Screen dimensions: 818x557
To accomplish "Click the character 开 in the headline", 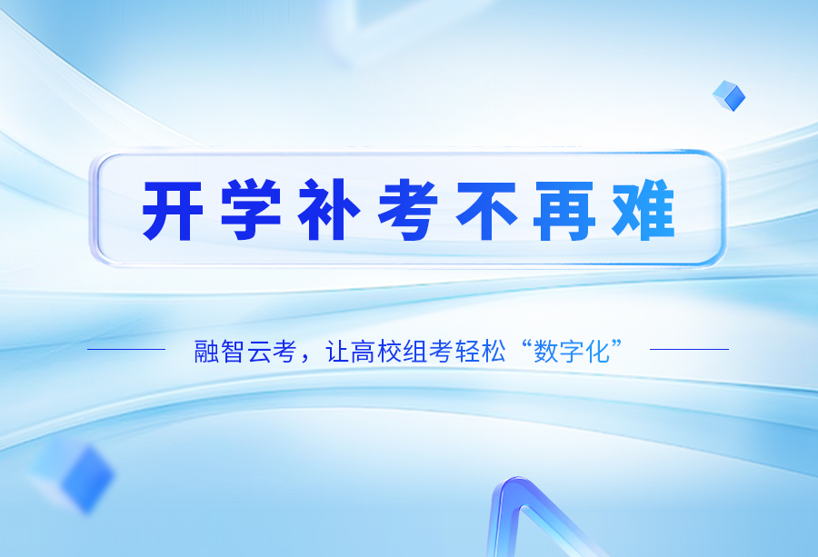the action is tap(173, 211).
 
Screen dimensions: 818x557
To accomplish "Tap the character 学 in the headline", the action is tap(251, 210).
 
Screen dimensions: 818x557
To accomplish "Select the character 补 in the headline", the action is tap(329, 210).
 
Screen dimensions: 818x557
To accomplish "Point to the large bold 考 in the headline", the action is tap(408, 210).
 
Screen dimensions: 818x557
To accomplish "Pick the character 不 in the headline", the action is tap(486, 211).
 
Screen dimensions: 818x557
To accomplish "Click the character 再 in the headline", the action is tap(564, 211).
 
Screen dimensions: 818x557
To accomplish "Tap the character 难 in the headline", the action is tap(643, 210).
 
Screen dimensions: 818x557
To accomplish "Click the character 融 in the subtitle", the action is tap(206, 351).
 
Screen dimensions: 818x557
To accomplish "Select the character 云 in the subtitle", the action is tap(258, 351).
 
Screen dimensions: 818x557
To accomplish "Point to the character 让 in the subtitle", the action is tap(337, 351).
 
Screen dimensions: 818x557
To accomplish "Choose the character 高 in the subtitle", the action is tap(363, 351).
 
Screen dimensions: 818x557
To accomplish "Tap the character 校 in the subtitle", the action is tap(389, 351).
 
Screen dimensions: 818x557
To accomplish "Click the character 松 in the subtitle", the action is tap(494, 351).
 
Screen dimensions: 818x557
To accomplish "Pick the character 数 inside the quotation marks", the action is tap(545, 351).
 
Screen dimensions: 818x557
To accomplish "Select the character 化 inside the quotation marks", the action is tap(598, 351).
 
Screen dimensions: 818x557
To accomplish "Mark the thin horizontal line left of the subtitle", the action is tap(126, 349).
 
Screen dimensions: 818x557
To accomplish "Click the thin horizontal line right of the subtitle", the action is tap(689, 349).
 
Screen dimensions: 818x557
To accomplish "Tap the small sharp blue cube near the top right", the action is tap(729, 96).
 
